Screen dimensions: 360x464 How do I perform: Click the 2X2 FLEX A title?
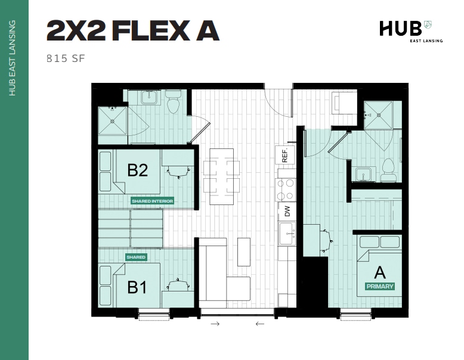point(132,31)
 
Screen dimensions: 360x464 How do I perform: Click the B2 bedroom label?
point(138,170)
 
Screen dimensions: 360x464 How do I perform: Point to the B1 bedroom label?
point(138,287)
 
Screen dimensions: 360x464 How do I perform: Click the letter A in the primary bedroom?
point(380,273)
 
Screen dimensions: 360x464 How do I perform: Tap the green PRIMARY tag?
point(380,287)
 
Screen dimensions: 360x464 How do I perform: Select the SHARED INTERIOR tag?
point(153,201)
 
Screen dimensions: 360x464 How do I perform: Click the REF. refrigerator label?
point(285,155)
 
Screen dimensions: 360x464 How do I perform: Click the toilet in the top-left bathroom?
point(174,103)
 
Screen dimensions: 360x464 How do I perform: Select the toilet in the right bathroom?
point(388,170)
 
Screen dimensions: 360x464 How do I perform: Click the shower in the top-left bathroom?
point(112,120)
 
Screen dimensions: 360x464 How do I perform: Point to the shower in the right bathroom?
point(379,114)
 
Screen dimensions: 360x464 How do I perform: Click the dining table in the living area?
point(221,176)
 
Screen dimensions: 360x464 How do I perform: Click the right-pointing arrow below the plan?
point(215,324)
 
